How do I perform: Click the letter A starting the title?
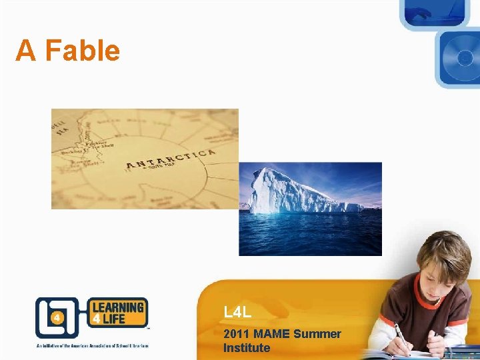tap(25, 51)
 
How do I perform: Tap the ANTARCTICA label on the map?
tap(171, 159)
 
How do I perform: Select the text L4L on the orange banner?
tap(237, 311)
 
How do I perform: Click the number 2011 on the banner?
tap(237, 333)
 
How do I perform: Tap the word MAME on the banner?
tap(275, 333)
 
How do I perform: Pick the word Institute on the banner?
tap(247, 347)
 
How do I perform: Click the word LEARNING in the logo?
tap(117, 308)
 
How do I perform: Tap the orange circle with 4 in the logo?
tap(58, 317)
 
